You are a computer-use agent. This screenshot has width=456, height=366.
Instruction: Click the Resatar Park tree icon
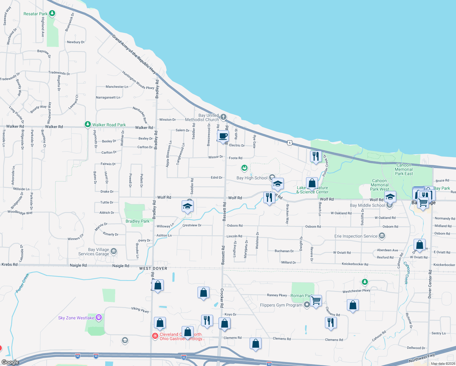pyautogui.click(x=52, y=13)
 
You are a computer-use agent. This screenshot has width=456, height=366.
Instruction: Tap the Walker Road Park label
pyautogui.click(x=109, y=125)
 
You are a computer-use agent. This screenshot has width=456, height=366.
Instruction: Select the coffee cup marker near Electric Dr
pyautogui.click(x=223, y=136)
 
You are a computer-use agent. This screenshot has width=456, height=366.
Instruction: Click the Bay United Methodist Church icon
pyautogui.click(x=223, y=117)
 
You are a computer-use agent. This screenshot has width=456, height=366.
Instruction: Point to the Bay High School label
pyautogui.click(x=252, y=178)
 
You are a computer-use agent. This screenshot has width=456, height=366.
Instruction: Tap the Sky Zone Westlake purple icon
pyautogui.click(x=99, y=318)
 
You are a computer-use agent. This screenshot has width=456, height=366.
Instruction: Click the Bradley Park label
pyautogui.click(x=137, y=221)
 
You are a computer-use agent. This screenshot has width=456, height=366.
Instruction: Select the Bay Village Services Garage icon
pyautogui.click(x=114, y=251)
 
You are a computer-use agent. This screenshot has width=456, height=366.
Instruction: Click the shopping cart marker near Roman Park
pyautogui.click(x=316, y=301)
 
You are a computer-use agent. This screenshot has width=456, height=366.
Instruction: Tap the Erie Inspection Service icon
pyautogui.click(x=382, y=236)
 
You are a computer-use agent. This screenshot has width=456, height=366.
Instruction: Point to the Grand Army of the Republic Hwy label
pyautogui.click(x=134, y=54)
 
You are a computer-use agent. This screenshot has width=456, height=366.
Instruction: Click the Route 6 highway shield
pyautogui.click(x=290, y=143)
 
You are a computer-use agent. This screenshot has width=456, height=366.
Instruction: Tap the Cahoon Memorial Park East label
pyautogui.click(x=404, y=169)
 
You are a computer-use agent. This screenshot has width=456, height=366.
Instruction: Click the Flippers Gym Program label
pyautogui.click(x=281, y=305)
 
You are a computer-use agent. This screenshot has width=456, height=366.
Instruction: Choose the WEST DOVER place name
pyautogui.click(x=153, y=268)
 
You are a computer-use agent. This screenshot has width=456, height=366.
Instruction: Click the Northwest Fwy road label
pyautogui.click(x=422, y=358)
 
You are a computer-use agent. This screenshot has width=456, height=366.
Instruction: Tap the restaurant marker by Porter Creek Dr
pyautogui.click(x=316, y=156)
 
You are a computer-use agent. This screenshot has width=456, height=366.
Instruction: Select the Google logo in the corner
pyautogui.click(x=10, y=362)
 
